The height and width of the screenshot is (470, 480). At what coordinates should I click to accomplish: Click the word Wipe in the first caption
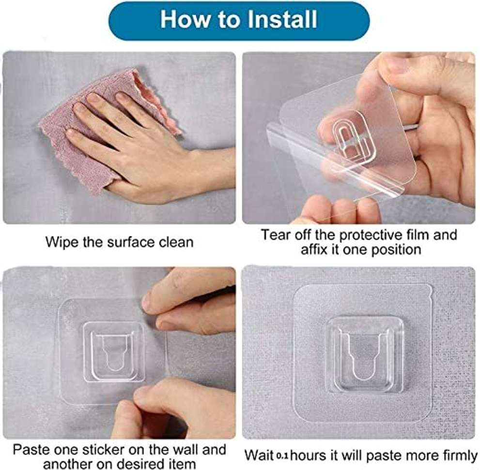[61, 242]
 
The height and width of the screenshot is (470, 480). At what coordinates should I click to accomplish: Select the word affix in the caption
[316, 250]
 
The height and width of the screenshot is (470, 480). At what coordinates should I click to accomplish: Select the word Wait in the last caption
[259, 455]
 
